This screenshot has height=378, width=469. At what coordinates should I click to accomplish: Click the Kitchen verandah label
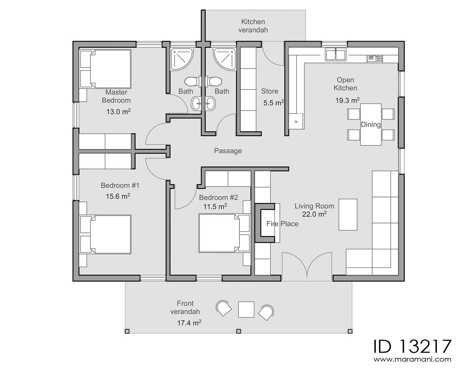pos(253,26)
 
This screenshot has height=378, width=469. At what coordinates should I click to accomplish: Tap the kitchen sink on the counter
pos(335,55)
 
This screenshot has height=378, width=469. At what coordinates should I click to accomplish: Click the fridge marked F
pos(296,121)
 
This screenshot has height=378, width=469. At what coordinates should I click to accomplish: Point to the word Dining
pos(371,125)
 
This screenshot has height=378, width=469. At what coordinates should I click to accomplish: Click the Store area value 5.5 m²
pos(273,103)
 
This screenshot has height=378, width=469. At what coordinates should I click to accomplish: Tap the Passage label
pos(228,151)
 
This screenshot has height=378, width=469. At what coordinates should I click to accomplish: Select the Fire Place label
pos(282,224)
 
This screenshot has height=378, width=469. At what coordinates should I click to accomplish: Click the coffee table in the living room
pos(348,215)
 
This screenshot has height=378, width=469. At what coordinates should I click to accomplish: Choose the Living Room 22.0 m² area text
pos(314,214)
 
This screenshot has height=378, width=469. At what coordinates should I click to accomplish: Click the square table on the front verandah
pos(246,309)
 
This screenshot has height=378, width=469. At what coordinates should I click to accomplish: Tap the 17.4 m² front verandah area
pos(189,323)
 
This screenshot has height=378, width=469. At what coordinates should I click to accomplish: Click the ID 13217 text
pos(412,346)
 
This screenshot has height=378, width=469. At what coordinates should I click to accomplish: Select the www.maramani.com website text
pos(412,360)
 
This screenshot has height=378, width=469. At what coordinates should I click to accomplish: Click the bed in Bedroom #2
pos(219,233)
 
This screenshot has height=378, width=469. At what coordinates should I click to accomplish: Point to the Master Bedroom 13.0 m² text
pos(118,112)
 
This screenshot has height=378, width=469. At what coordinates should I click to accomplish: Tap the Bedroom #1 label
pos(120,185)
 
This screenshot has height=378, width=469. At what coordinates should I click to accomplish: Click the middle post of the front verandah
pos(238,331)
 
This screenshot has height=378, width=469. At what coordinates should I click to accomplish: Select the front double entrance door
pos(307,266)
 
